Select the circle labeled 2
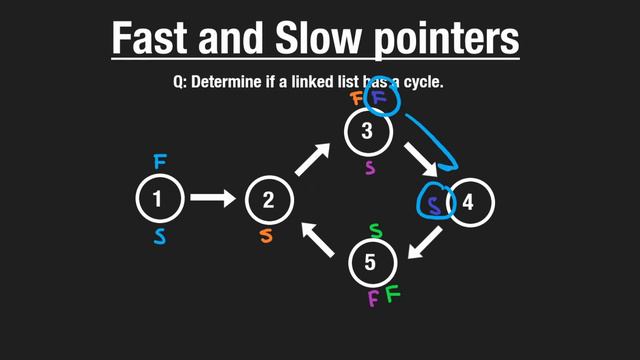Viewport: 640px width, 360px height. click(x=268, y=199)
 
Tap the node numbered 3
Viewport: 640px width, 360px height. click(x=367, y=130)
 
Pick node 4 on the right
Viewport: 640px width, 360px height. click(x=468, y=202)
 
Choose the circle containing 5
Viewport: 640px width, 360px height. click(x=372, y=263)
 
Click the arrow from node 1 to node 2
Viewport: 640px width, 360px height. click(x=213, y=199)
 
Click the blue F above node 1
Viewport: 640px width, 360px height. click(x=160, y=161)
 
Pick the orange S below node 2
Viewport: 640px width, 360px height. click(x=266, y=236)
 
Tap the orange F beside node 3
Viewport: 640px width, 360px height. click(x=356, y=98)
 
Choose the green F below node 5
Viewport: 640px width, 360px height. click(x=392, y=294)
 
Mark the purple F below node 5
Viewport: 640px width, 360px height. click(x=373, y=297)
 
